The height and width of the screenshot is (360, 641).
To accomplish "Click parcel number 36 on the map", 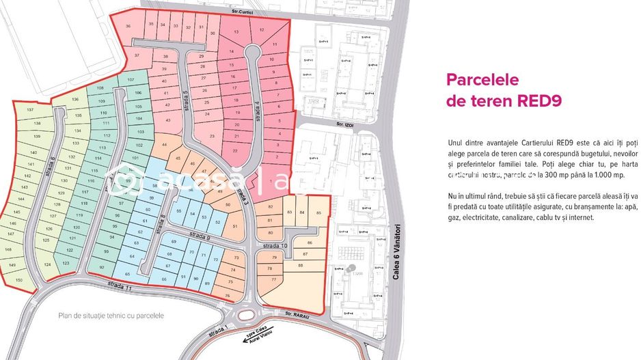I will tap(130, 27).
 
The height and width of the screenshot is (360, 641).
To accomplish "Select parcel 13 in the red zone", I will tap(236, 32).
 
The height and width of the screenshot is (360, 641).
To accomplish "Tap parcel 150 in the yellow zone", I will tap(19, 280).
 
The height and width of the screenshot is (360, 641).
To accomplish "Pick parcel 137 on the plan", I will tap(29, 110).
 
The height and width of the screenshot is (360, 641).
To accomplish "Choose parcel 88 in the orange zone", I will tap(301, 265).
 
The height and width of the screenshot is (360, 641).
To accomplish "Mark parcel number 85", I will tap(318, 213).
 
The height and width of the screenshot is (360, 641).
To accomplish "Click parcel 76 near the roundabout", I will tap(228, 296).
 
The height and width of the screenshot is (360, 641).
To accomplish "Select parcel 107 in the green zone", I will tap(131, 81).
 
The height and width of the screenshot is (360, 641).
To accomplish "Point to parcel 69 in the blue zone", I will tap(174, 242).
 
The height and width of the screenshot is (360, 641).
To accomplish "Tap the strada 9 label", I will tap(197, 236).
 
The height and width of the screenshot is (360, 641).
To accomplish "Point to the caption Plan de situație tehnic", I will tap(111, 316).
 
